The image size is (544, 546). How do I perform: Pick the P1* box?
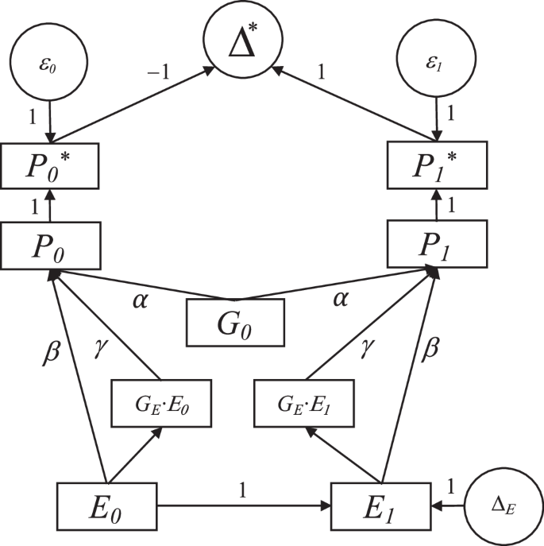(435, 165)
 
